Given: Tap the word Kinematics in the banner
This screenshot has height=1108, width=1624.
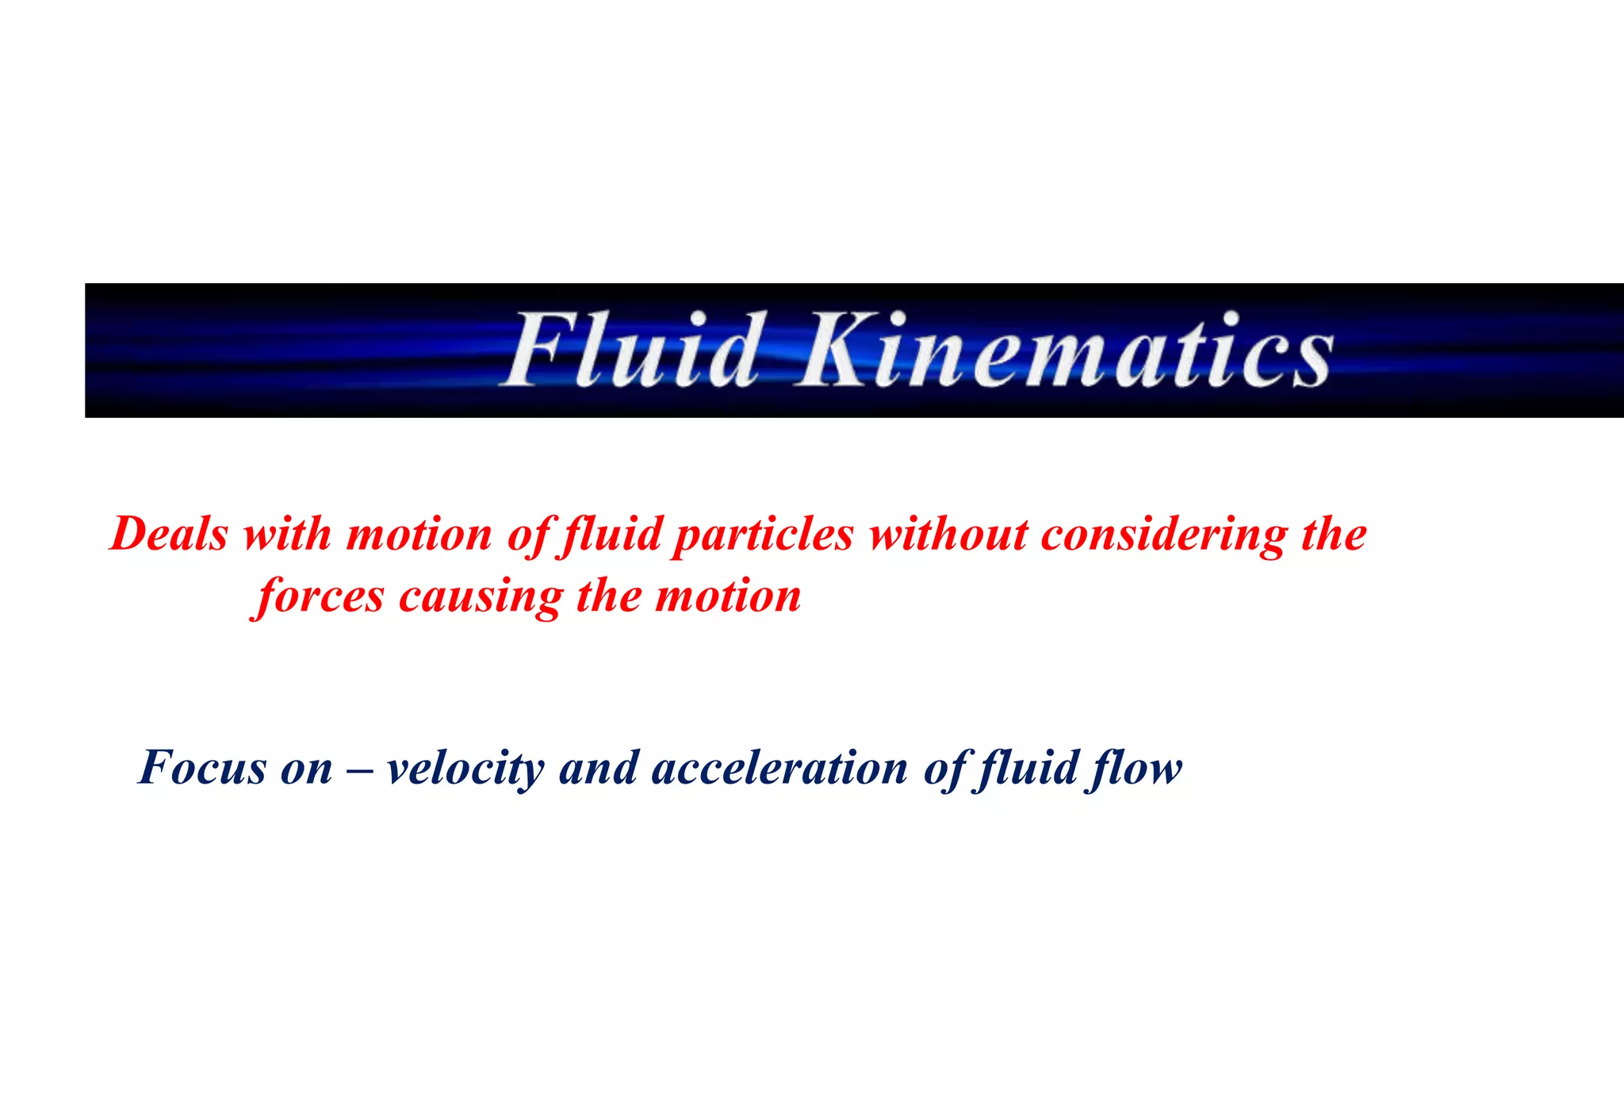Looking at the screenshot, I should tap(1063, 350).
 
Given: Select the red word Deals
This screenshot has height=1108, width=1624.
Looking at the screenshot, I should tap(169, 534).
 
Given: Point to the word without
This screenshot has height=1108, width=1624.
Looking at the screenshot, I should tap(948, 534).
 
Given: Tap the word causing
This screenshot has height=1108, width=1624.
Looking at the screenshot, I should tap(480, 597).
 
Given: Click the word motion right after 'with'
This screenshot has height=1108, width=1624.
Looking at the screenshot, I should tap(419, 534).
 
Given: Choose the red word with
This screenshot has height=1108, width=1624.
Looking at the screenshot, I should tap(286, 534).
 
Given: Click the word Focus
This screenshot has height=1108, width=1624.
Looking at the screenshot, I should tap(203, 768).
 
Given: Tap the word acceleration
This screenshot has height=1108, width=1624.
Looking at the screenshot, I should tap(779, 768).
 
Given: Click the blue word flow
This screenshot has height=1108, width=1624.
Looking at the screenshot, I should tap(1136, 768).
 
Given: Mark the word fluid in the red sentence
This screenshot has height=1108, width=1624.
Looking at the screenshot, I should tap(611, 534).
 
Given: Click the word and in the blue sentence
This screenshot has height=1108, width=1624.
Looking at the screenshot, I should tap(599, 768).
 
